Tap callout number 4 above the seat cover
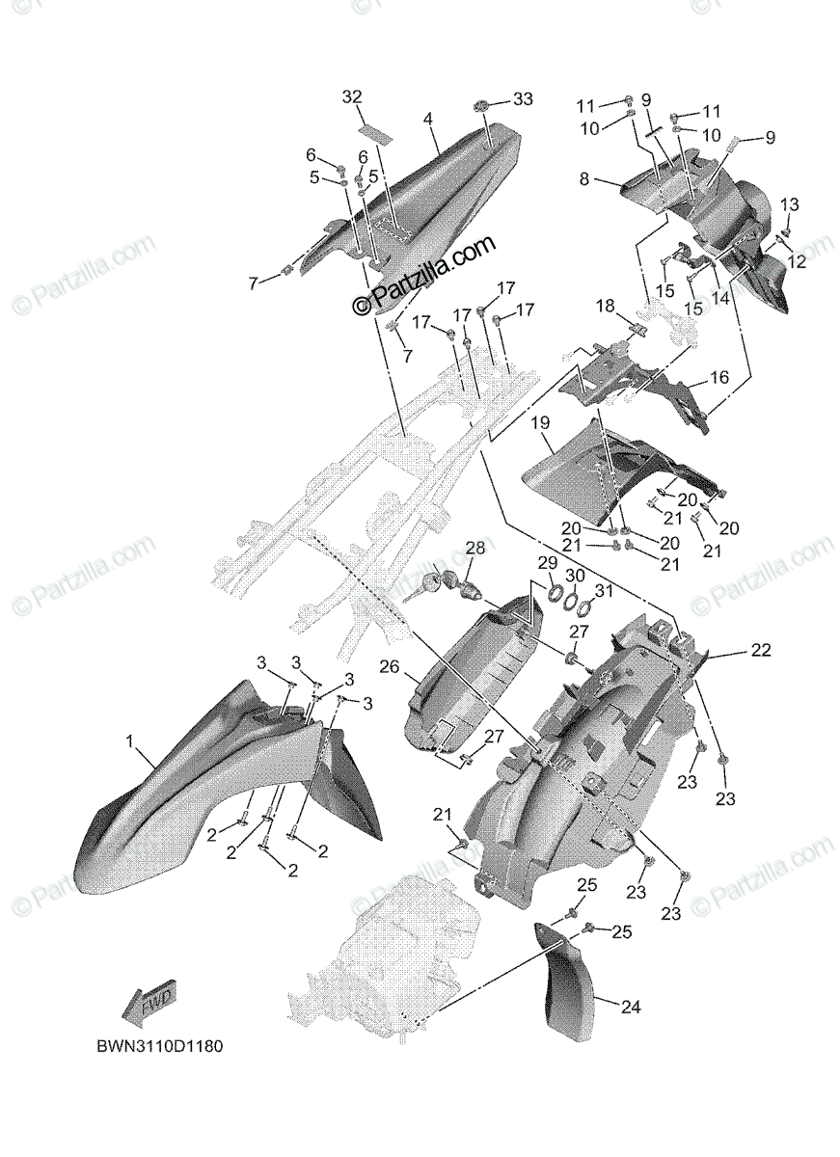pos(427,119)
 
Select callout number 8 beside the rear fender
pos(584,178)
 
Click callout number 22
pos(761,653)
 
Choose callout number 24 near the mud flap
pos(630,1008)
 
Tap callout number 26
pos(390,665)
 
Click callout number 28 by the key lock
pos(475,549)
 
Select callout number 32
pos(352,96)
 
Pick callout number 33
pos(522,99)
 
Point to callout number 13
pos(790,203)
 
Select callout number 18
pos(605,306)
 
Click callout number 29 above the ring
pos(547,562)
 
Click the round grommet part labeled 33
pos(483,103)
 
